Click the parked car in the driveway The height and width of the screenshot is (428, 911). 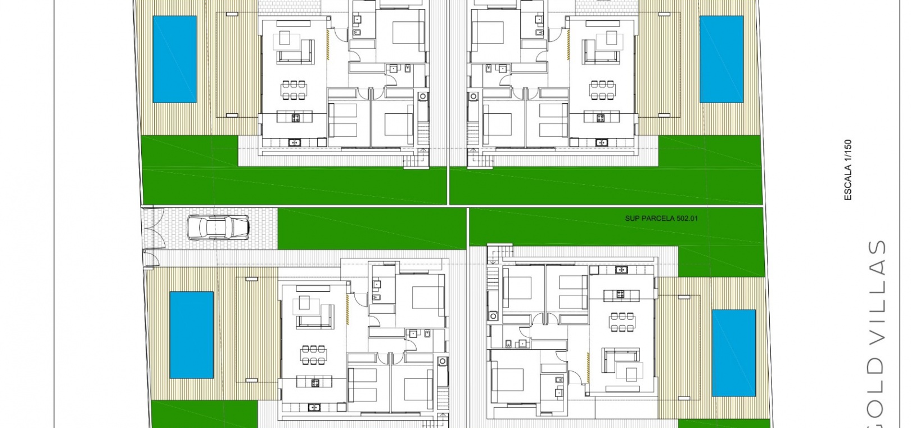[x=218, y=228]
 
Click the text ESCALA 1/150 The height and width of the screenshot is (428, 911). [x=848, y=170]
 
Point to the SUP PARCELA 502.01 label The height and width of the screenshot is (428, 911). [x=661, y=219]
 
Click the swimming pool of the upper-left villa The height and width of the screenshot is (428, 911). [x=174, y=59]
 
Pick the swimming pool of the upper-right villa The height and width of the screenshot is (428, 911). [x=721, y=59]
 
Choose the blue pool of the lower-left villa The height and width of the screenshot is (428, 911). [x=192, y=335]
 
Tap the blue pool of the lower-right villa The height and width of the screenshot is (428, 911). [x=734, y=353]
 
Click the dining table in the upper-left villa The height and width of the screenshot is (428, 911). [x=294, y=90]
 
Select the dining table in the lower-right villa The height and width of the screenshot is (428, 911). [x=622, y=322]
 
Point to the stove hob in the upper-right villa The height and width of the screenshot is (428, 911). [x=601, y=118]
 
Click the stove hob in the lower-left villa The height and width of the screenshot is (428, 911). [x=315, y=382]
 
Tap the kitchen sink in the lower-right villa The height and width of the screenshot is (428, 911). [x=621, y=270]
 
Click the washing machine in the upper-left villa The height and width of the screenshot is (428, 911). [x=423, y=96]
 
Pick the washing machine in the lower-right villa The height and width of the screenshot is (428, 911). [x=493, y=315]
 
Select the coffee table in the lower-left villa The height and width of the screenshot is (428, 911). [x=304, y=303]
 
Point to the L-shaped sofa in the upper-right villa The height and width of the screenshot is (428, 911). [x=594, y=53]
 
